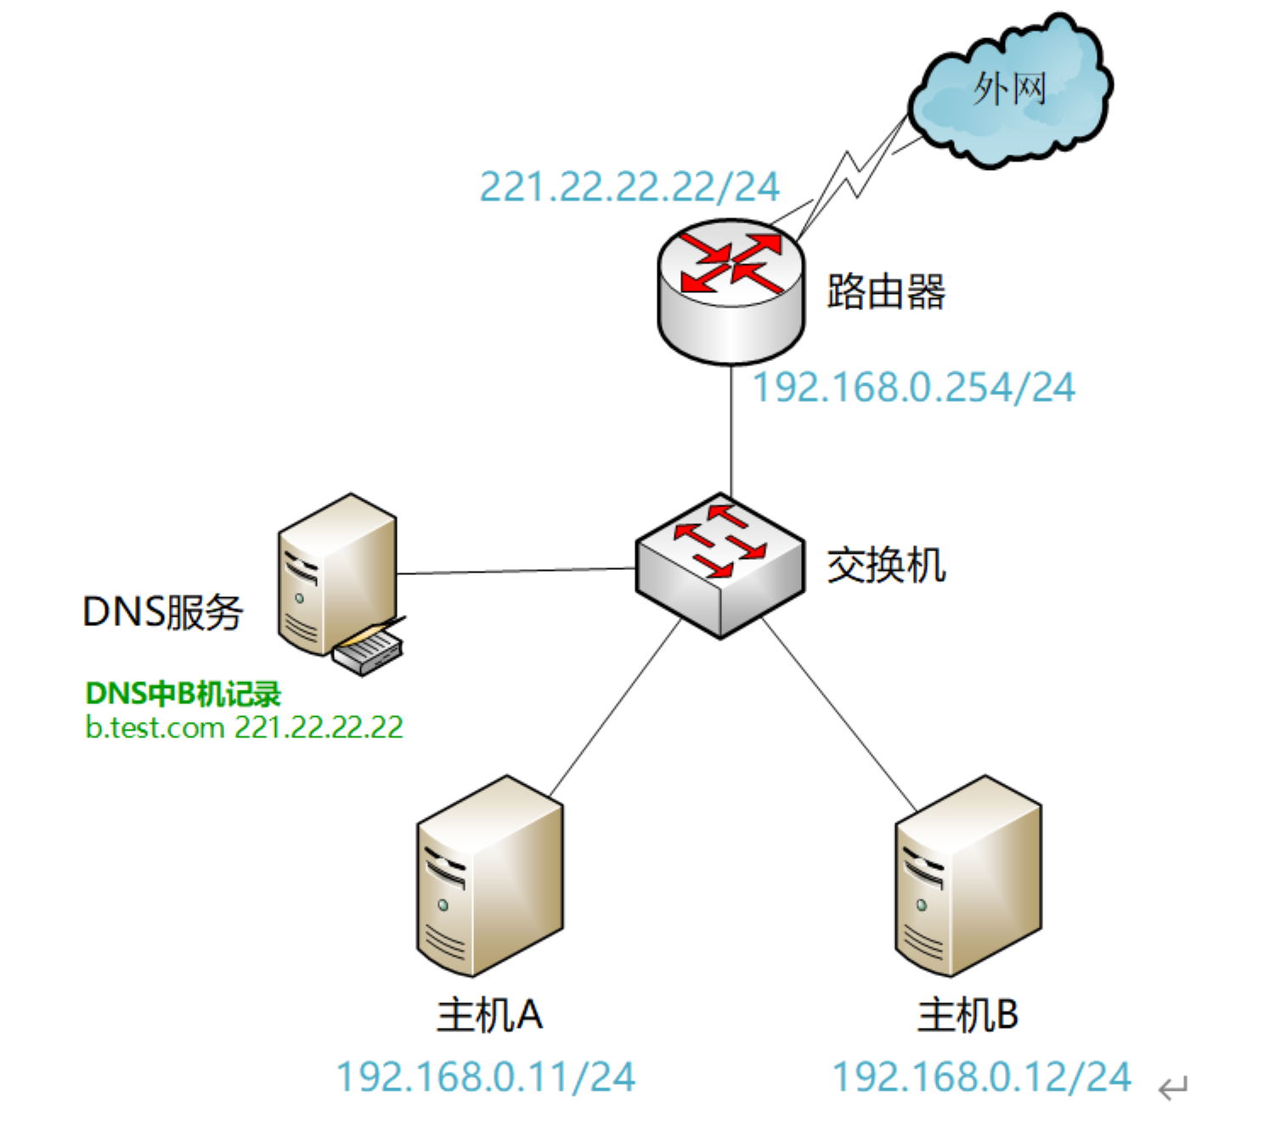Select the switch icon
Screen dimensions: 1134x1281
(x=720, y=565)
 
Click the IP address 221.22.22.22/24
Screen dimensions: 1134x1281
(x=629, y=187)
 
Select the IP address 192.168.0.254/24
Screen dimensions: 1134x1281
(x=914, y=387)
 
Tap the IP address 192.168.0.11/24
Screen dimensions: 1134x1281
(x=485, y=1077)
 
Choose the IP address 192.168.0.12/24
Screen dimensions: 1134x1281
(x=981, y=1077)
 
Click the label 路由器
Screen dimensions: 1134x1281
(x=886, y=291)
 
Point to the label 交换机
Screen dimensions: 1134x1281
(x=886, y=566)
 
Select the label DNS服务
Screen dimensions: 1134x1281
(x=162, y=612)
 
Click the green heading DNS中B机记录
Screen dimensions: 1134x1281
(x=183, y=694)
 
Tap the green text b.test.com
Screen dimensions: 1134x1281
(x=155, y=728)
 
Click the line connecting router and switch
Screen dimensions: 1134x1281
(x=731, y=429)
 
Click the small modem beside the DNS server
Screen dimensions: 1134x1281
(x=368, y=651)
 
